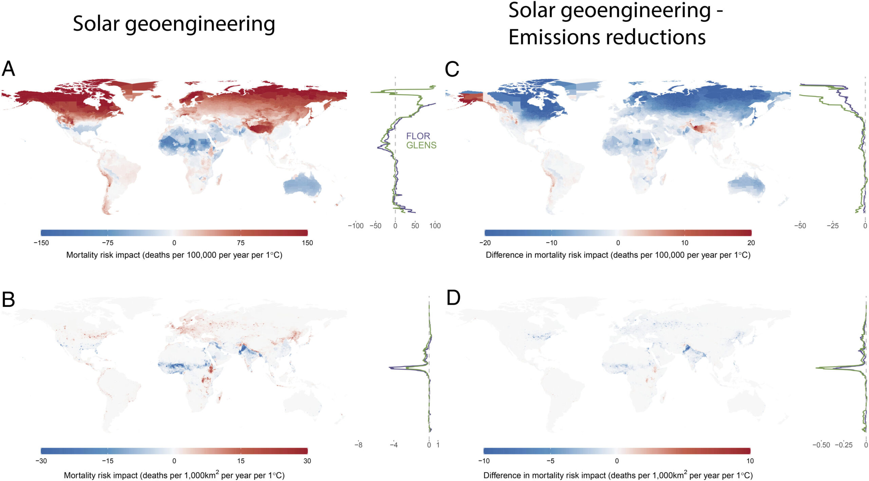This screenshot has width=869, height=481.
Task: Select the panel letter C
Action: [452, 69]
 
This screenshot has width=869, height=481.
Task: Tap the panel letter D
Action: [453, 298]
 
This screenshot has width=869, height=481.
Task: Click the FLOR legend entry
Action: [418, 136]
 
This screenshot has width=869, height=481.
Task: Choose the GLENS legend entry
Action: [421, 145]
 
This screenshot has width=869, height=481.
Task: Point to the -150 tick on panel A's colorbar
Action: [41, 243]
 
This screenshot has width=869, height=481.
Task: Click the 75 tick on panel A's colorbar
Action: [241, 243]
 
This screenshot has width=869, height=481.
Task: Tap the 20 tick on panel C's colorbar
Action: [751, 243]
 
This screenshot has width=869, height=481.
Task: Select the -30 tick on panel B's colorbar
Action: [41, 461]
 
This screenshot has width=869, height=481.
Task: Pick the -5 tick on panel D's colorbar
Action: [550, 461]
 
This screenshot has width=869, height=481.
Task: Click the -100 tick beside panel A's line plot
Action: [356, 226]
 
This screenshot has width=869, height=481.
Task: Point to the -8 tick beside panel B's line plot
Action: [358, 445]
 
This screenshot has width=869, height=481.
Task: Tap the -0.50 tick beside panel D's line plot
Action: [821, 445]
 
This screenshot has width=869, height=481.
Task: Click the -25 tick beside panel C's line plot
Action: [832, 226]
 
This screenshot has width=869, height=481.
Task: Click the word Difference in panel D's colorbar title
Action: [501, 475]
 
